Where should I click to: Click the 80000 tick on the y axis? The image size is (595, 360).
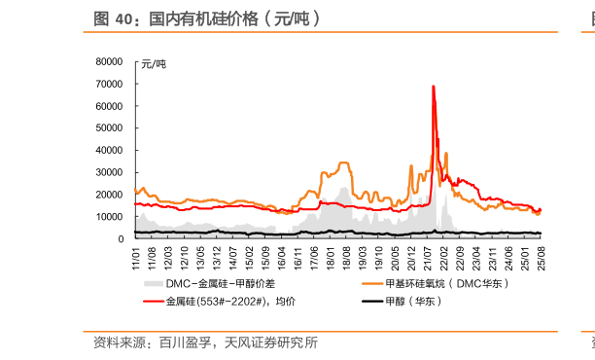point(110,60)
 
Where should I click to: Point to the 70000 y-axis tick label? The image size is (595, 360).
point(110,83)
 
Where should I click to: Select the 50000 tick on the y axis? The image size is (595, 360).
point(110,127)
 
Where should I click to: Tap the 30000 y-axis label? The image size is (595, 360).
point(110,172)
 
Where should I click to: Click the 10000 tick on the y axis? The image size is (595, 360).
point(110,217)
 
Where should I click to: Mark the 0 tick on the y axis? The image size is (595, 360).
point(121,238)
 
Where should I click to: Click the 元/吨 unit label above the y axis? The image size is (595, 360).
point(154,64)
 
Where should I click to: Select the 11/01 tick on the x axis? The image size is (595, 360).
point(136,258)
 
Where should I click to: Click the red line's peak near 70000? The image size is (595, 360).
point(433,87)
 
